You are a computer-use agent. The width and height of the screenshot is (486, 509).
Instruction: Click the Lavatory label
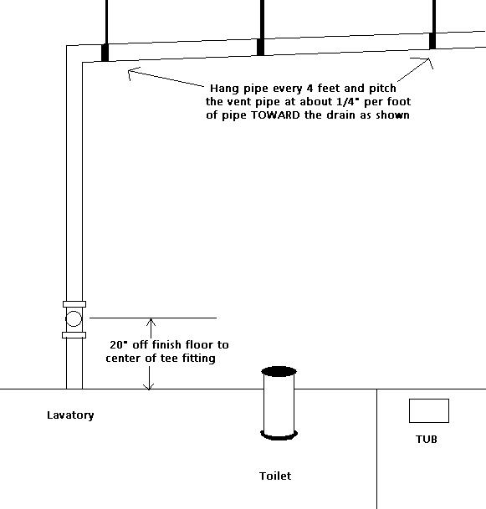click(x=70, y=415)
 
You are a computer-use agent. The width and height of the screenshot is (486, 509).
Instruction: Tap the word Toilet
click(x=275, y=476)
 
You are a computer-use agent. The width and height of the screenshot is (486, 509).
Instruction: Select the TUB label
click(x=427, y=439)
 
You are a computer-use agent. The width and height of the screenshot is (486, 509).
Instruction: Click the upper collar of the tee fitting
click(x=74, y=304)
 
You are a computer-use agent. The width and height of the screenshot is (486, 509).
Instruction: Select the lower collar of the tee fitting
click(x=74, y=335)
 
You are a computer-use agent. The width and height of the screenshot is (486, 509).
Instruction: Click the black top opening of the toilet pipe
click(x=279, y=371)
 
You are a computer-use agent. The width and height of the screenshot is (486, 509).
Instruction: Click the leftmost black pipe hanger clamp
click(x=105, y=53)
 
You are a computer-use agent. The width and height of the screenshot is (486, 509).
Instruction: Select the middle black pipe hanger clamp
click(x=260, y=47)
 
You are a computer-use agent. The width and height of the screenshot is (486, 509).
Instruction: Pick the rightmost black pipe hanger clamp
click(x=432, y=41)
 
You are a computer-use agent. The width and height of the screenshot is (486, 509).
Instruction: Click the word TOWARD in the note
click(x=275, y=115)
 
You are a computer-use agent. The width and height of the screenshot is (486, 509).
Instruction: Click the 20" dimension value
click(x=117, y=344)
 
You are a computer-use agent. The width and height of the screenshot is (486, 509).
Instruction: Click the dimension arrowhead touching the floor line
click(x=149, y=386)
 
